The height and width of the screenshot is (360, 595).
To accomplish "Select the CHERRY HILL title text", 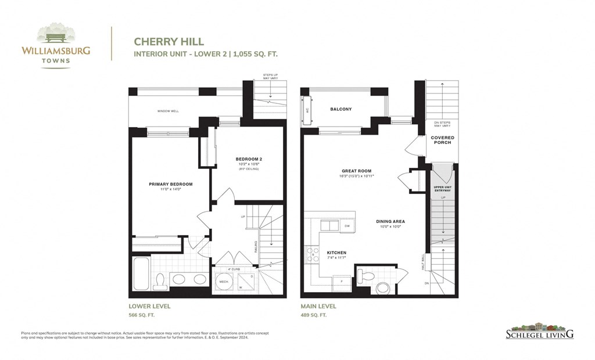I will click(161, 41).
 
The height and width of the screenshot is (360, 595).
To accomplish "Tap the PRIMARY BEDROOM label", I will click(170, 184).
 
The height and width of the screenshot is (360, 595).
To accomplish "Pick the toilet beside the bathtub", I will click(161, 280).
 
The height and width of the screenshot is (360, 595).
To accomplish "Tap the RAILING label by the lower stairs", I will click(256, 247).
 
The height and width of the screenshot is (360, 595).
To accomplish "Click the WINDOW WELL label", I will click(167, 111).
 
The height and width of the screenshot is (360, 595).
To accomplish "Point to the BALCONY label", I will click(340, 109).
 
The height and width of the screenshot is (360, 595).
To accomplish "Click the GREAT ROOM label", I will click(356, 171).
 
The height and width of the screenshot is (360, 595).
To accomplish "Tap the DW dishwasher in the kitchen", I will click(347, 226).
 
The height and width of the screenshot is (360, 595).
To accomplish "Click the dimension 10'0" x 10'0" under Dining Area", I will click(390, 227).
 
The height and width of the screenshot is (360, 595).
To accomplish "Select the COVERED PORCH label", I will click(442, 140).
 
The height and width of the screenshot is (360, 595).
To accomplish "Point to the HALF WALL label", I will click(423, 261).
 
